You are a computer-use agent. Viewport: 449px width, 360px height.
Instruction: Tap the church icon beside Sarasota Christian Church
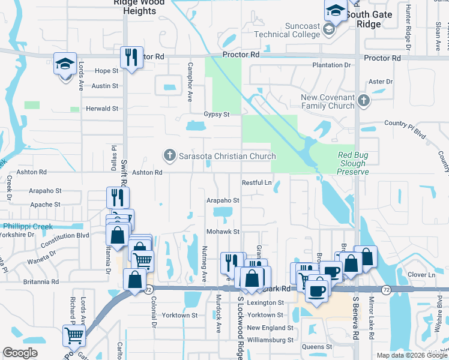click(169, 156)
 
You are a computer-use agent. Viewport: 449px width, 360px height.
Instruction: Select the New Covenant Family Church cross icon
click(362, 101)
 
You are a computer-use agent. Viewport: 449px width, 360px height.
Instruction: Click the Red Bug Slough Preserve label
click(352, 163)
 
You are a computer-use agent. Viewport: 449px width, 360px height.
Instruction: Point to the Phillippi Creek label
click(26, 226)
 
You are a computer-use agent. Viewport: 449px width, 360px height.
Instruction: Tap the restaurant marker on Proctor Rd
click(130, 58)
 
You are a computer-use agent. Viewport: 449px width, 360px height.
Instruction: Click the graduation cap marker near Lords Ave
click(64, 64)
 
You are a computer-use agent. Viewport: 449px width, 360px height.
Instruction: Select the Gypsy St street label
click(217, 114)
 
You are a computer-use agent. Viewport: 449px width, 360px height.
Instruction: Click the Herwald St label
click(102, 109)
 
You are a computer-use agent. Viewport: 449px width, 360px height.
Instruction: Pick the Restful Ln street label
click(257, 182)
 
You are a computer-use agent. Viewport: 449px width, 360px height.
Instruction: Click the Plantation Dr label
click(331, 65)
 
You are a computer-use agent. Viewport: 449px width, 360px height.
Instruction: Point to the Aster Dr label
click(380, 82)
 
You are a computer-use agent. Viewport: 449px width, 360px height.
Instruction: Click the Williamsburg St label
click(270, 340)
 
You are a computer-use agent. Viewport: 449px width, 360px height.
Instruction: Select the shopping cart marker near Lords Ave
click(74, 337)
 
